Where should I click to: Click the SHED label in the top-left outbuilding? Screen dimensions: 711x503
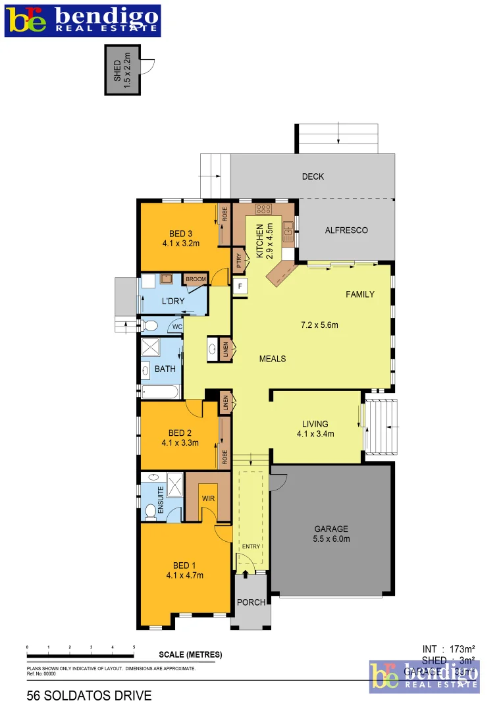coord(118,70)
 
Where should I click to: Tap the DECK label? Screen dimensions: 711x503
coord(313,176)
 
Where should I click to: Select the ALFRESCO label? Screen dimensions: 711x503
coord(346,230)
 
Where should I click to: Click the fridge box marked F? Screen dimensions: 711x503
coord(240,286)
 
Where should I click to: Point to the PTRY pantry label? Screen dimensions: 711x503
coord(239,261)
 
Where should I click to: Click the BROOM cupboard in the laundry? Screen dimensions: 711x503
coord(196,279)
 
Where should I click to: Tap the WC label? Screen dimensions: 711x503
coord(176,327)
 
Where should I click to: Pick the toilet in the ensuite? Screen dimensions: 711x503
coord(149,510)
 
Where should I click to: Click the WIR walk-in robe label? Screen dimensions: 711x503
coord(209,498)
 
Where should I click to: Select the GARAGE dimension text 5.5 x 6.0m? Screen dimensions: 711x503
coord(331,539)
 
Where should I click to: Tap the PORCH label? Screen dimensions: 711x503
coord(251,602)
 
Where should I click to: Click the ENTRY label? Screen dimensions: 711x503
coord(251,546)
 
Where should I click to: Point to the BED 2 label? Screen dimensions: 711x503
coord(180,433)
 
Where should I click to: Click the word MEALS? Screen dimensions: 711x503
coord(273,359)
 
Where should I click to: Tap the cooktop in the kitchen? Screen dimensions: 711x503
coord(264,209)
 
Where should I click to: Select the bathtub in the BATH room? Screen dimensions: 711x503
coord(159,392)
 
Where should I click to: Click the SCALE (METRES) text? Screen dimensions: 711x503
coord(191,654)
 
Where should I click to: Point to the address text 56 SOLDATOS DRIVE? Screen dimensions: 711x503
coord(89,695)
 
